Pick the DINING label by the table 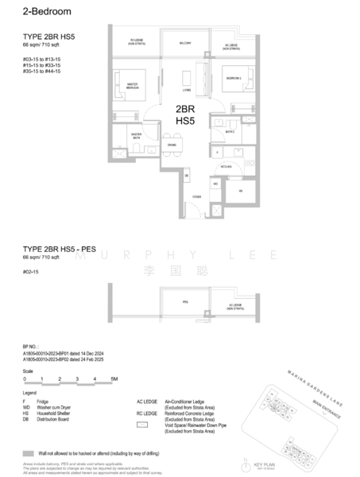[172, 144]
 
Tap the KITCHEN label [226, 167]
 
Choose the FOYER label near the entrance [196, 196]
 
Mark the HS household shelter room [241, 191]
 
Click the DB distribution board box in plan [187, 175]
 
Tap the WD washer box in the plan [215, 184]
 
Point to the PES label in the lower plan [184, 302]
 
